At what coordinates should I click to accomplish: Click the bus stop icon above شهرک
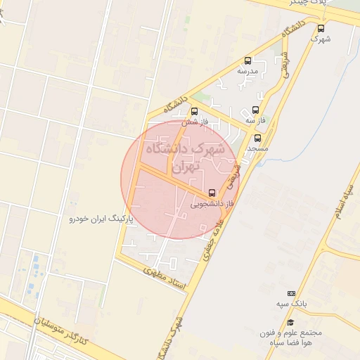[x=321, y=28]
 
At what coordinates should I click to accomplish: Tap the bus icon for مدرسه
[x=247, y=60]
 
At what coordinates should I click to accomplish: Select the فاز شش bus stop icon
[x=195, y=110]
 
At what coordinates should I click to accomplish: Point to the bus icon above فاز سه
[x=255, y=110]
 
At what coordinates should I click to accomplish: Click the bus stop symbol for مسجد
[x=258, y=138]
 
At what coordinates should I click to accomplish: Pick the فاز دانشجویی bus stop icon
[x=212, y=192]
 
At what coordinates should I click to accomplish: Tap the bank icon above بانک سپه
[x=292, y=293]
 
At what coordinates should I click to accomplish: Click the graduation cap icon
[x=290, y=322]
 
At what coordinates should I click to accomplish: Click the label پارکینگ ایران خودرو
[x=101, y=219]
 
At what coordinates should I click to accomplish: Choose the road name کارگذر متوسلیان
[x=62, y=330]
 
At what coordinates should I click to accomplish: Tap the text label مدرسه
[x=247, y=72]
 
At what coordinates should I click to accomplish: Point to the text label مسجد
[x=258, y=149]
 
